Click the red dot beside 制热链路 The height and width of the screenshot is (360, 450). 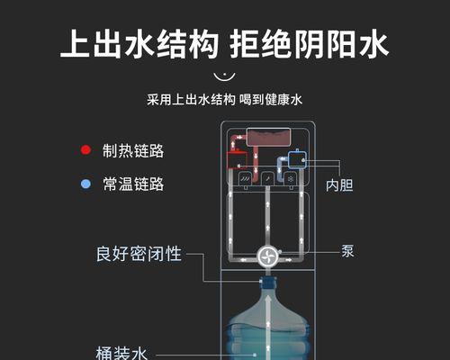click(85, 150)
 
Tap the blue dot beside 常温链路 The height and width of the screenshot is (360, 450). click(85, 184)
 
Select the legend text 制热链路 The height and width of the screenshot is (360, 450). click(133, 150)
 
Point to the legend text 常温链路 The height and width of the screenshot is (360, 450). click(133, 184)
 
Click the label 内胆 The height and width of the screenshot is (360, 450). click(339, 185)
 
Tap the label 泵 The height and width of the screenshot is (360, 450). click(347, 251)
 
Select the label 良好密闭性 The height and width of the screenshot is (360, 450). click(139, 254)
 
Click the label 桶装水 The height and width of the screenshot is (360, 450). click(121, 353)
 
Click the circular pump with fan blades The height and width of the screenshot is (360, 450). click(268, 256)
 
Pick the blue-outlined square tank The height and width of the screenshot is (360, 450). click(297, 159)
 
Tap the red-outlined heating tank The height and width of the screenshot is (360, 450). click(237, 160)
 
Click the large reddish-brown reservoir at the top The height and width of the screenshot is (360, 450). click(268, 137)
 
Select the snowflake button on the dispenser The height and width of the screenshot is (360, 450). click(291, 179)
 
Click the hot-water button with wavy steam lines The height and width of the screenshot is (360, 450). click(246, 179)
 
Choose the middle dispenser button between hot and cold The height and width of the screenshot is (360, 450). click(267, 179)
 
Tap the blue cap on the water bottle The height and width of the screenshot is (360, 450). click(268, 283)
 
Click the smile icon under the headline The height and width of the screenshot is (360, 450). click(224, 76)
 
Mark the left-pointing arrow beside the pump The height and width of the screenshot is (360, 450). click(243, 260)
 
